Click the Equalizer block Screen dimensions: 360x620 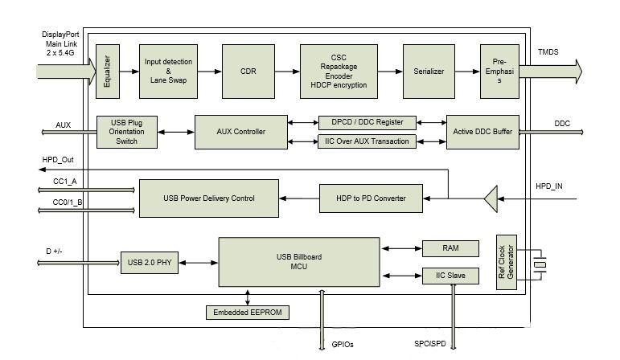[x=107, y=72]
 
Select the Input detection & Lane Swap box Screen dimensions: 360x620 [x=167, y=71]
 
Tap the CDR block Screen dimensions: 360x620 [x=248, y=72]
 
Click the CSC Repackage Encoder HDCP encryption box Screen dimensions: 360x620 [x=338, y=72]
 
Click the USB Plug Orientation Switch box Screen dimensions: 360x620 [x=127, y=132]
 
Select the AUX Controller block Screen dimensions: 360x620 [x=241, y=132]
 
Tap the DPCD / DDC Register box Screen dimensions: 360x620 [x=367, y=122]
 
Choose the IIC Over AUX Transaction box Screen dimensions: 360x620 [x=367, y=141]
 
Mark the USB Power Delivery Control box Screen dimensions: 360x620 [x=209, y=198]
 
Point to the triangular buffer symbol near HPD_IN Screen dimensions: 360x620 [x=491, y=198]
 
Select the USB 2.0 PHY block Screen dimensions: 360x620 [x=146, y=262]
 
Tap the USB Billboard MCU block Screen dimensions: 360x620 [x=299, y=262]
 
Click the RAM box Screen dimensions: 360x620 [x=450, y=248]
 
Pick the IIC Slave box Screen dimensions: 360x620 [x=450, y=276]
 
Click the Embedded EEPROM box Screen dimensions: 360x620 [x=247, y=312]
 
